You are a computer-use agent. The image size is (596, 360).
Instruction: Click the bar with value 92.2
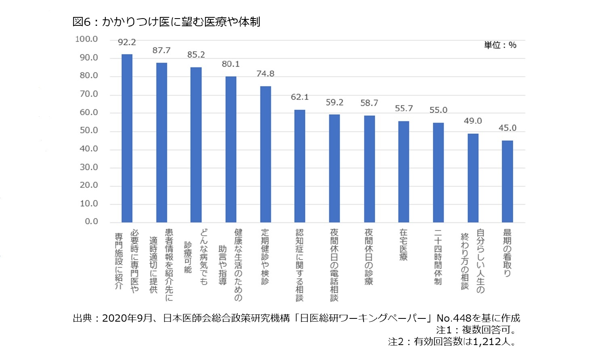(127, 138)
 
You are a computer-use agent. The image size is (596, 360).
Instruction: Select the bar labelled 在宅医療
(403, 172)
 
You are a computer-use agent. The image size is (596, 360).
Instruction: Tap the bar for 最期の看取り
(507, 181)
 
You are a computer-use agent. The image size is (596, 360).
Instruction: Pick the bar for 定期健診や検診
(265, 154)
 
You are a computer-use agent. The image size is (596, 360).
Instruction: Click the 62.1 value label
(300, 97)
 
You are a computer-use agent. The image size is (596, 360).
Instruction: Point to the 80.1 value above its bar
(231, 64)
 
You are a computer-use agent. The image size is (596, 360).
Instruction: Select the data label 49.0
(472, 121)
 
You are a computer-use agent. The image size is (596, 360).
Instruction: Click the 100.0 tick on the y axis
(86, 39)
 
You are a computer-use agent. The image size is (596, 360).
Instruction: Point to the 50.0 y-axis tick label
(88, 130)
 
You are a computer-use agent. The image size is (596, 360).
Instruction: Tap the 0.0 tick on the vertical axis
(91, 222)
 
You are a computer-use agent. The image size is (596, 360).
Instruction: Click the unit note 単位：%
(500, 45)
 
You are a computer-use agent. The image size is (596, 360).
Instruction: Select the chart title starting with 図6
(166, 22)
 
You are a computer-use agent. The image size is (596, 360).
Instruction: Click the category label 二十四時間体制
(438, 257)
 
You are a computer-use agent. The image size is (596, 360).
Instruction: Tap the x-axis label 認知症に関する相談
(300, 265)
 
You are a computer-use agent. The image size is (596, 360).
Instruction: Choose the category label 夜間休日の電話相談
(334, 265)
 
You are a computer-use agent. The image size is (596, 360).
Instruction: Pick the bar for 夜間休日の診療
(369, 169)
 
